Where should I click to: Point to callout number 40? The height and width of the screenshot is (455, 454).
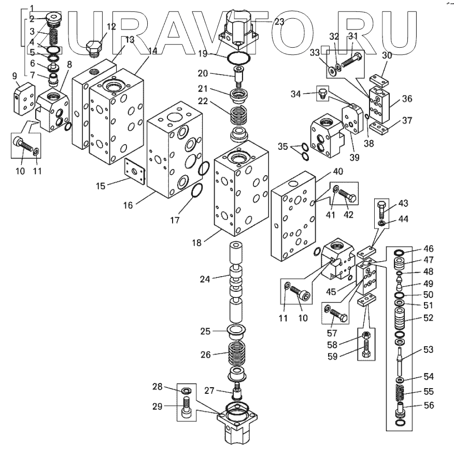338,172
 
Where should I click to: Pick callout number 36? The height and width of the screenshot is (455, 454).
407,98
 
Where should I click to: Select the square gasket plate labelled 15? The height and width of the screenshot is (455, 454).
134,170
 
